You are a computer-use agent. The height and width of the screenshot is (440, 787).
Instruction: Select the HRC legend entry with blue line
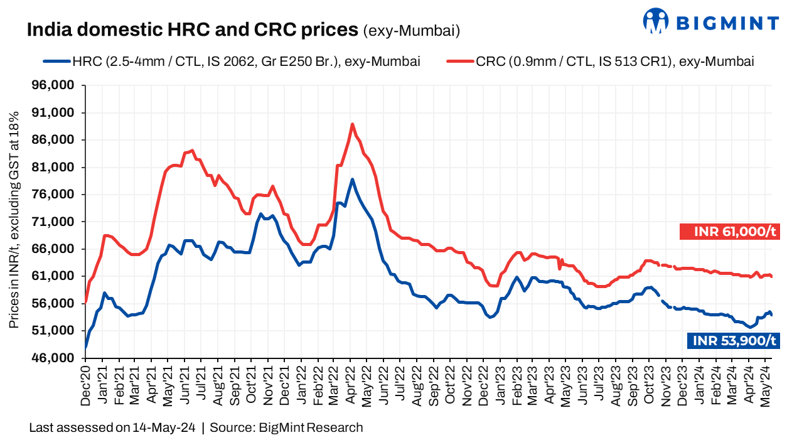pos(232,62)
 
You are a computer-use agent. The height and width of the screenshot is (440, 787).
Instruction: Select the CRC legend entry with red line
pos(600,62)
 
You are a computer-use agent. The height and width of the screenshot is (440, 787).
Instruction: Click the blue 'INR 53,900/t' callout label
pos(733,340)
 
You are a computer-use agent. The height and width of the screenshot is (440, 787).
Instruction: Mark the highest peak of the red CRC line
pos(352,124)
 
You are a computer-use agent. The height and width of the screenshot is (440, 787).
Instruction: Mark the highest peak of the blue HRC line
pos(352,180)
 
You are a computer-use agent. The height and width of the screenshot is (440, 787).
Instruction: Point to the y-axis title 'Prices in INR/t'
pos(13,220)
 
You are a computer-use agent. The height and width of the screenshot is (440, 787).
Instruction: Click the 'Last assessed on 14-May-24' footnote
pos(112,428)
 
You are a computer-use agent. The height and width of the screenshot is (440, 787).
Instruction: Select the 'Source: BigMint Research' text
pos(286,428)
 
